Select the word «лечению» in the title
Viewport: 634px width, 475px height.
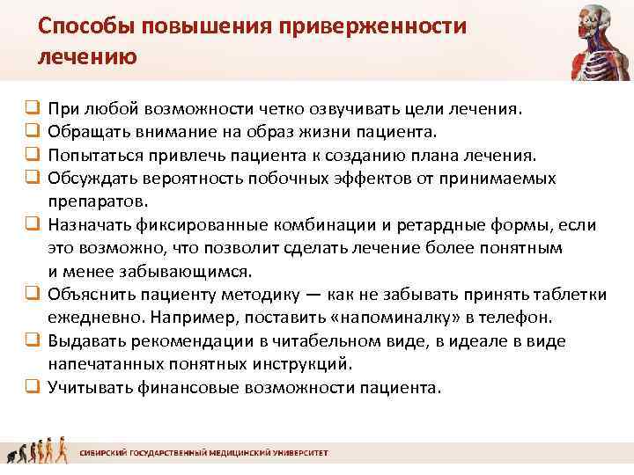coord(87,58)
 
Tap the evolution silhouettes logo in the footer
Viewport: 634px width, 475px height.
coord(35,451)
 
